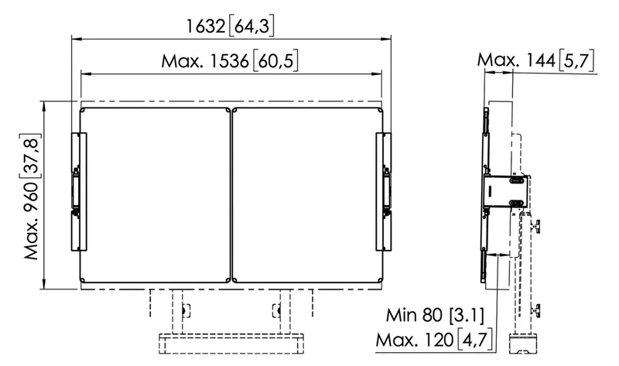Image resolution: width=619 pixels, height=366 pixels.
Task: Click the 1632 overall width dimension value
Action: [205, 26]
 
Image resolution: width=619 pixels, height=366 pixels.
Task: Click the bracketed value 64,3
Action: [251, 26]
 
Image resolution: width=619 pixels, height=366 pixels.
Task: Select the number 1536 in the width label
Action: [229, 61]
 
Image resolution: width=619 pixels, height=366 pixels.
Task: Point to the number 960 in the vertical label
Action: [32, 200]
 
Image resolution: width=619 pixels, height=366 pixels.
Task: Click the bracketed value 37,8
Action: [32, 156]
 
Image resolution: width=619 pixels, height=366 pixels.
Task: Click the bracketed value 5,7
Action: [576, 60]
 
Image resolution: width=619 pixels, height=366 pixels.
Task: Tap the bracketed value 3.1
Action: [467, 315]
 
